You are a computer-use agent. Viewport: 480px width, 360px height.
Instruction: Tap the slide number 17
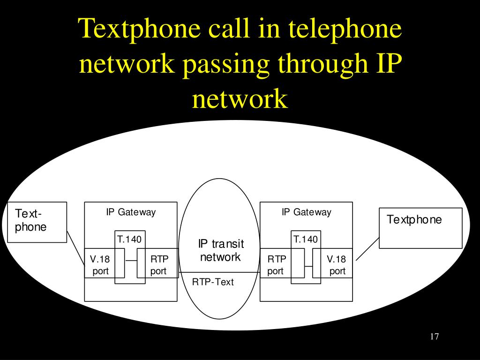(x=434, y=337)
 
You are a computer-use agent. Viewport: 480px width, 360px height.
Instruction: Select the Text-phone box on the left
(x=37, y=222)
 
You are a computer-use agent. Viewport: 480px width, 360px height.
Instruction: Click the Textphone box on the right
(x=420, y=227)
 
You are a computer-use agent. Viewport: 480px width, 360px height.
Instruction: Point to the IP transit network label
(x=220, y=250)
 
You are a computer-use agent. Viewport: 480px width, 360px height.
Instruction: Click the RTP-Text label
(x=213, y=282)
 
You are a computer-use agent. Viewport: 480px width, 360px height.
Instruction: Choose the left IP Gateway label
(x=131, y=212)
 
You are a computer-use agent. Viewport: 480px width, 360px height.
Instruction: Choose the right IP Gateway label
(x=306, y=212)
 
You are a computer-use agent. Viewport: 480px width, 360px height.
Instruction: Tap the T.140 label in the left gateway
(x=129, y=240)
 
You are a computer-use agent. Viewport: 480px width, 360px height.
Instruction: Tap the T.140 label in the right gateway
(x=305, y=240)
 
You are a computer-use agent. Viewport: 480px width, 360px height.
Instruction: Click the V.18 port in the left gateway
(x=100, y=265)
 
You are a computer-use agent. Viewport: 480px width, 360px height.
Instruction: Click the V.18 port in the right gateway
(x=337, y=265)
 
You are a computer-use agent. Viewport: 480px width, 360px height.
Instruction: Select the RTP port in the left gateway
(x=159, y=265)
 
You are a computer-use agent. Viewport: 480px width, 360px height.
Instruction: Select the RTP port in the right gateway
(x=276, y=265)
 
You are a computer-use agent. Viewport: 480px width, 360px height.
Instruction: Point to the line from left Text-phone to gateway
(x=75, y=248)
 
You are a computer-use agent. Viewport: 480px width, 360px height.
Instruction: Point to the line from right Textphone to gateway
(x=367, y=248)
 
